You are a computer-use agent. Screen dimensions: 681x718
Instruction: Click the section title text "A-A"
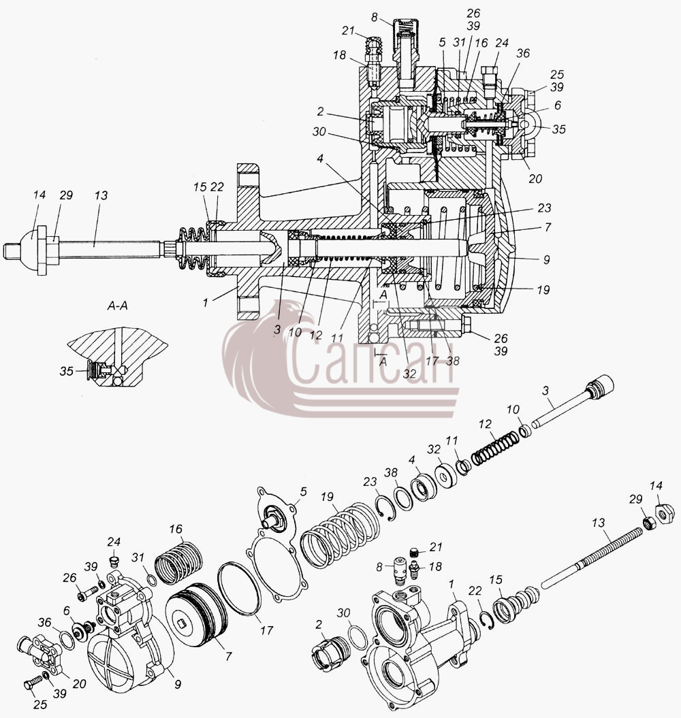click(117, 306)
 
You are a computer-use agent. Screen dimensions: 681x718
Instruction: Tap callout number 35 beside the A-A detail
click(67, 371)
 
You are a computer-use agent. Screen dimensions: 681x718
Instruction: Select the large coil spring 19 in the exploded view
click(340, 535)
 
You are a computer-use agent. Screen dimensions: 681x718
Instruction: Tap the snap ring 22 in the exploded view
click(489, 621)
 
